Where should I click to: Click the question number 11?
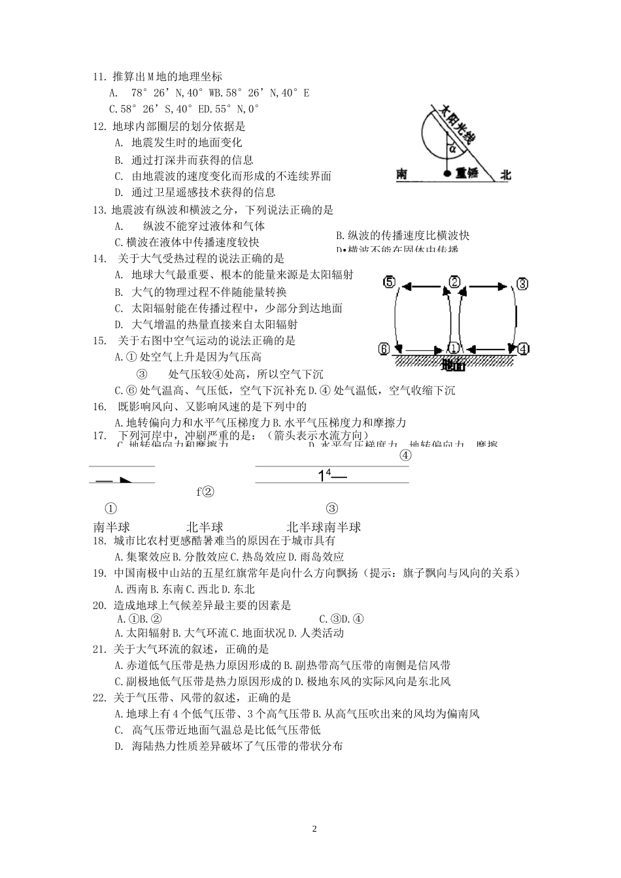pyautogui.click(x=99, y=76)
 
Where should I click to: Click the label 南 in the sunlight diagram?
pyautogui.click(x=402, y=174)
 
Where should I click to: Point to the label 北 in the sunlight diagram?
pyautogui.click(x=505, y=174)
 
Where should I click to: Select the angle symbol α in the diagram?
pyautogui.click(x=453, y=149)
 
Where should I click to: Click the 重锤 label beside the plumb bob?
pyautogui.click(x=467, y=174)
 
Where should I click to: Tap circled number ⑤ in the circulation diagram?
pyautogui.click(x=389, y=282)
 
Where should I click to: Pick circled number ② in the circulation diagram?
pyautogui.click(x=454, y=282)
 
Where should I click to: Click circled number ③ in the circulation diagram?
pyautogui.click(x=522, y=284)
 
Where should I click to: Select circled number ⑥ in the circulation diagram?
pyautogui.click(x=384, y=348)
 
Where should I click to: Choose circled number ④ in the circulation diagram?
pyautogui.click(x=523, y=349)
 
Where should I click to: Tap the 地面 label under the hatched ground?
pyautogui.click(x=453, y=365)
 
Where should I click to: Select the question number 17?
pyautogui.click(x=99, y=435)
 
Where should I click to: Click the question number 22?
pyautogui.click(x=99, y=698)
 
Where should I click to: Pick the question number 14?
pyautogui.click(x=99, y=259)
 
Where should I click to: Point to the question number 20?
pyautogui.click(x=99, y=606)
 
